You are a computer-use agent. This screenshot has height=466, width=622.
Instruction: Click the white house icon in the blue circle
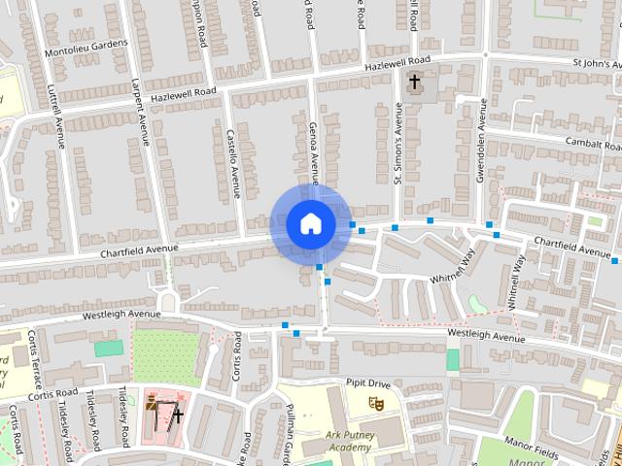tap(310, 223)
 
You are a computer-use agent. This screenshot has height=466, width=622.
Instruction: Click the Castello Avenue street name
tap(234, 162)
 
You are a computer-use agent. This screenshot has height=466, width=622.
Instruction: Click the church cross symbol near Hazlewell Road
tap(415, 82)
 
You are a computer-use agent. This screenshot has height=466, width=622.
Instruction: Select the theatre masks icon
tap(377, 400)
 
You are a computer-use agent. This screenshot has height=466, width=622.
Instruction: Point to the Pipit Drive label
tap(367, 383)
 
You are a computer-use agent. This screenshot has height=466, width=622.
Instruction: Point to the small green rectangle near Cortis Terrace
tap(109, 348)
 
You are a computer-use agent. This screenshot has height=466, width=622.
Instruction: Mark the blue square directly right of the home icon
tap(353, 224)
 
